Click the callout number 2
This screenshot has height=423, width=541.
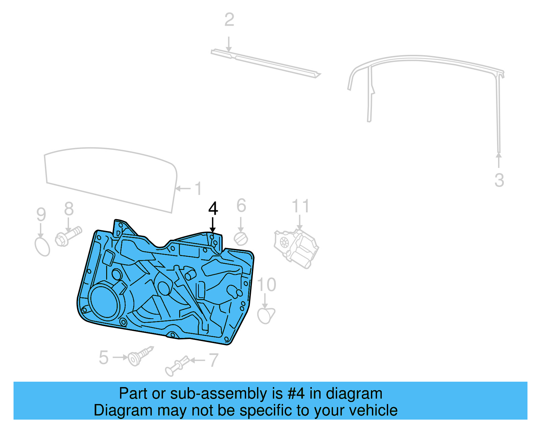229,20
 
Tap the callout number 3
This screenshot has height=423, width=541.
499,180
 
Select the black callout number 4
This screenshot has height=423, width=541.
213,209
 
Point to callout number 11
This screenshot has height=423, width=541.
300,206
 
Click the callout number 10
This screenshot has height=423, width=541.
266,285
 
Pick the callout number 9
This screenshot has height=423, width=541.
41,215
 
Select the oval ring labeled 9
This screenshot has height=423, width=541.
42,247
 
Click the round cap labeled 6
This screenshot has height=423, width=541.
241,239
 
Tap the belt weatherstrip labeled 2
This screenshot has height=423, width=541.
265,64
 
